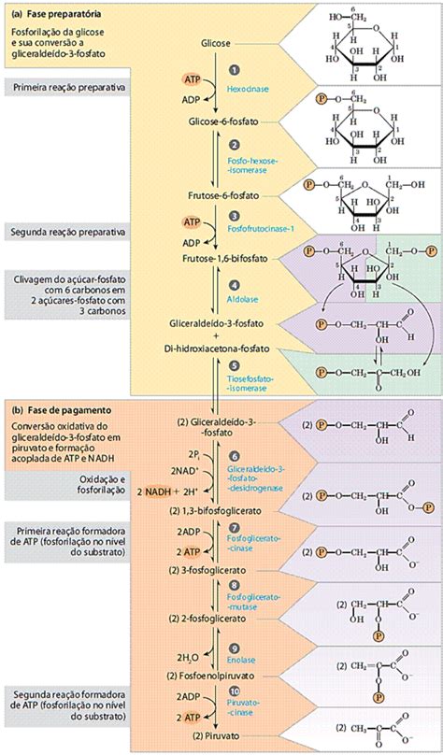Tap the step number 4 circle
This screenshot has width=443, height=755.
coord(235,284)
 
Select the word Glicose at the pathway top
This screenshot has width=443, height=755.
coord(216,44)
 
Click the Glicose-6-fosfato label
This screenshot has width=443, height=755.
coord(221,121)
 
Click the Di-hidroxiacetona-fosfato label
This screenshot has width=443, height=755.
coord(220,348)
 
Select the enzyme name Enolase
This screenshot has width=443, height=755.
coord(241,660)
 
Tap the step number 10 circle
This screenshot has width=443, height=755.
coord(235,693)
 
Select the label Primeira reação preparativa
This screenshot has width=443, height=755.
coord(62,87)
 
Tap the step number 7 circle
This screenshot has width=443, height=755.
coord(235,527)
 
